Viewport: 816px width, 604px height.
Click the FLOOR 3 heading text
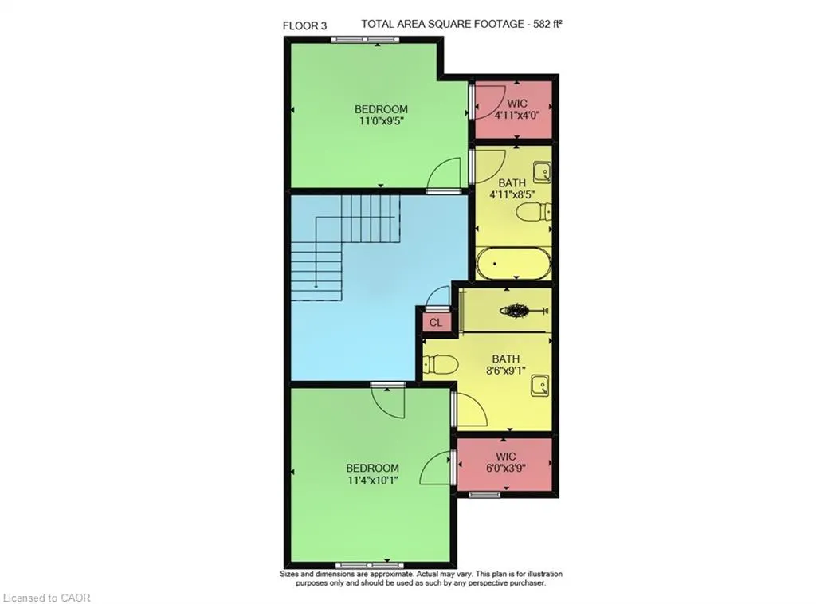click(x=304, y=25)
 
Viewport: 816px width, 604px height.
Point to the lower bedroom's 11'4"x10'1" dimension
click(x=371, y=480)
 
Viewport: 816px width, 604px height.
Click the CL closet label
click(x=435, y=323)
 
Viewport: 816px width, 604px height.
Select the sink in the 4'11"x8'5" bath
click(x=542, y=171)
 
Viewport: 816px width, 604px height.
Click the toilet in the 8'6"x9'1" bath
click(x=439, y=364)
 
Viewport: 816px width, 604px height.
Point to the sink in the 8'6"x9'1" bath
click(x=540, y=386)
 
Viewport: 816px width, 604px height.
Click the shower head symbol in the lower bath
click(x=511, y=309)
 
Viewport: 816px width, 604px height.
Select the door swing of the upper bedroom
click(x=445, y=174)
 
